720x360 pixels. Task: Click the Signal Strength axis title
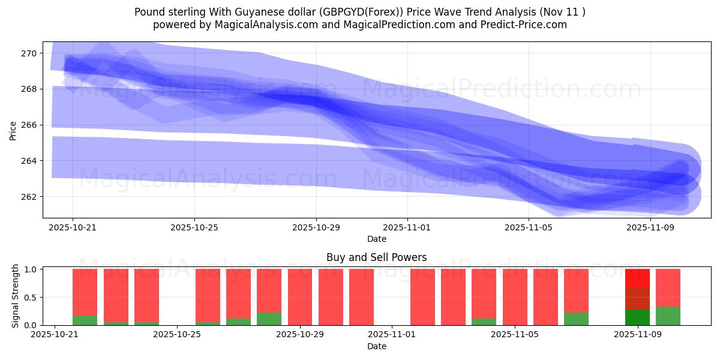[16, 295]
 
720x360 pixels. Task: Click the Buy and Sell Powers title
[376, 257]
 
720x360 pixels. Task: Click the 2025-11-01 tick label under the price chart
[407, 228]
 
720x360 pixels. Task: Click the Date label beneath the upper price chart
[376, 239]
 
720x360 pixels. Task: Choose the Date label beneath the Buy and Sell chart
[376, 346]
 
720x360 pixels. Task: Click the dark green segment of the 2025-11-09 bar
[637, 317]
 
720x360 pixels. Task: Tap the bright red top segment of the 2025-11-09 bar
[637, 278]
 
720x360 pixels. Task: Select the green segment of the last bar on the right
[668, 316]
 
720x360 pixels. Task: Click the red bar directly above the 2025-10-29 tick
[300, 297]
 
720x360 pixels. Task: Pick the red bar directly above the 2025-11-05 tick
[515, 297]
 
